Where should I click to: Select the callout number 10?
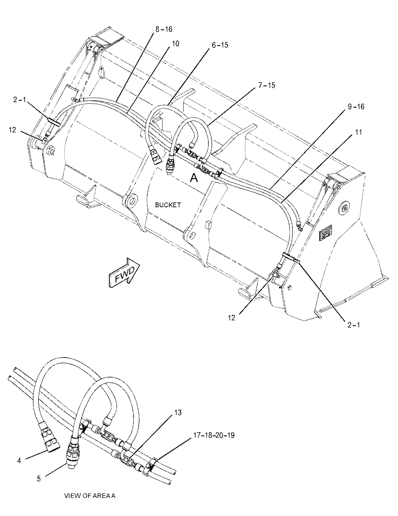175,43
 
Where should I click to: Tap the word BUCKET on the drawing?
168,205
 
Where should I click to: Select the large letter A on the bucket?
194,178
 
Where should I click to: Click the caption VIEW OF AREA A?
90,496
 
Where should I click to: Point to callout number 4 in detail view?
19,460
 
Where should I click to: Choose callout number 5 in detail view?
39,479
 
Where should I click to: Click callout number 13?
178,412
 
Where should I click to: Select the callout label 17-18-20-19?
214,435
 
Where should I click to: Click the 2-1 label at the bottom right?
354,325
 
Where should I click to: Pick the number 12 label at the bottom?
232,318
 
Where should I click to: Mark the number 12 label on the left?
12,130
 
